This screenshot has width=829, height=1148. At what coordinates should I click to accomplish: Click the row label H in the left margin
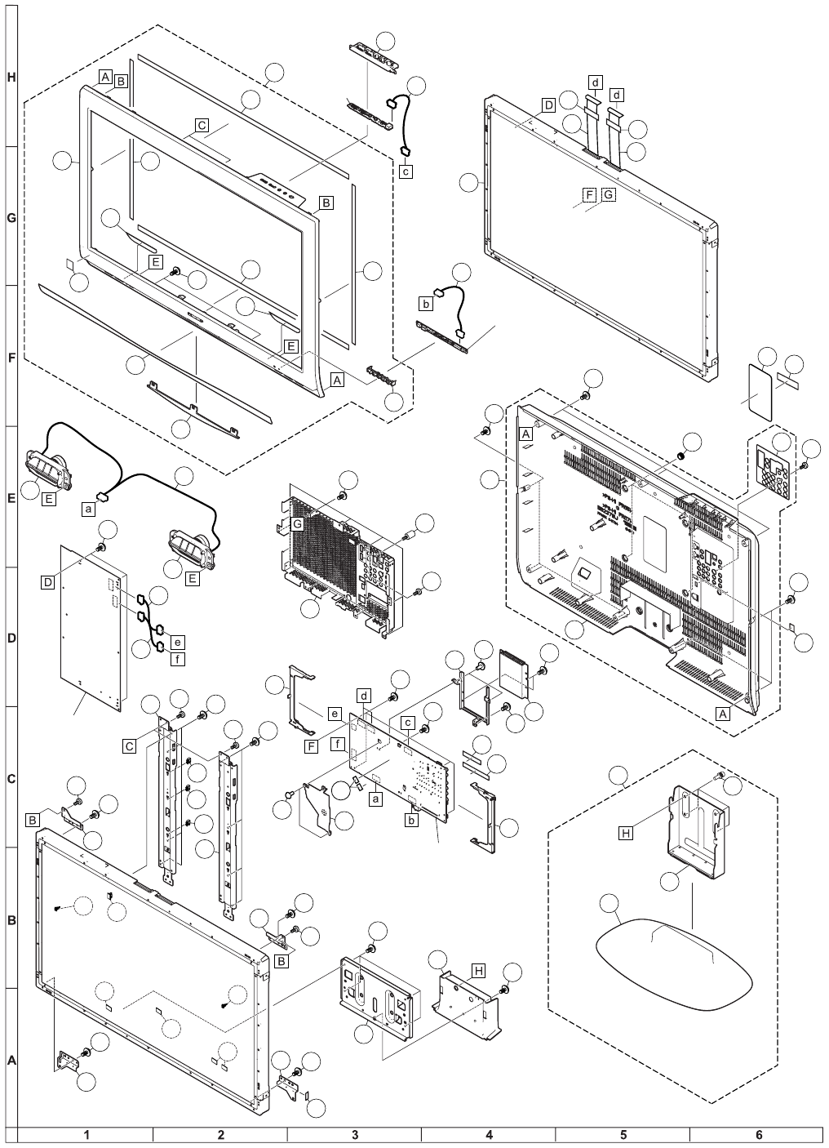11,78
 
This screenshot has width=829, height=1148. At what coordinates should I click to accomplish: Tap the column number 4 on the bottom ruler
489,1134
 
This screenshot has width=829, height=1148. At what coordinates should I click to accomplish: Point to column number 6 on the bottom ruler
758,1134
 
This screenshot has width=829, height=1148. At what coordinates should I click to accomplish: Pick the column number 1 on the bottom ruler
86,1134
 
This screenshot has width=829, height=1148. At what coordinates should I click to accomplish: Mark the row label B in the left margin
11,920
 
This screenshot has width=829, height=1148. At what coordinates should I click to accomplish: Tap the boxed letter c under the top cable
406,171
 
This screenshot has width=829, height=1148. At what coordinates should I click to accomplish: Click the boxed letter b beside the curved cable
425,304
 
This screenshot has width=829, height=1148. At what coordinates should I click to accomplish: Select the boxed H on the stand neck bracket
626,833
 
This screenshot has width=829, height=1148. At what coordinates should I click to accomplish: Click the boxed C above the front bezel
202,126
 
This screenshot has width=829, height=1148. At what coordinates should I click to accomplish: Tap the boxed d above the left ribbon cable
596,82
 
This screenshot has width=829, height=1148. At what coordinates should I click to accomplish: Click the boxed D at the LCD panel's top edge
547,105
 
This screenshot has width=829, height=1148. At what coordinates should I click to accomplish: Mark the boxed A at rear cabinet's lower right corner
722,712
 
